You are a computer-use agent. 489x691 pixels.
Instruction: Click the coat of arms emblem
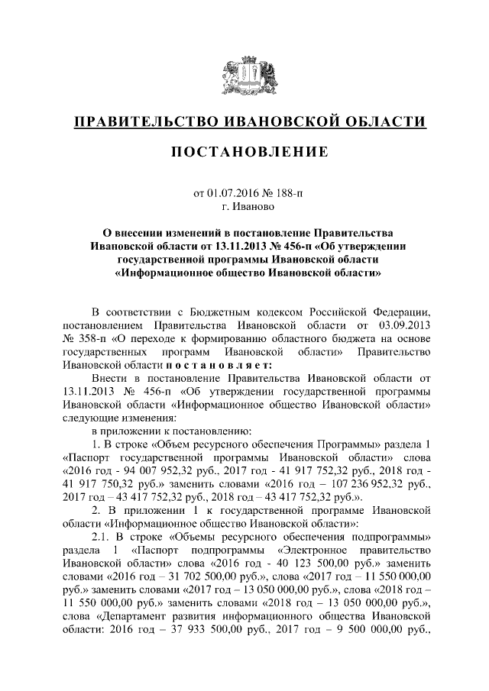(x=244, y=77)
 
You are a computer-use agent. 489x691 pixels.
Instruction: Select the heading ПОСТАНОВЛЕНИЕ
(x=244, y=153)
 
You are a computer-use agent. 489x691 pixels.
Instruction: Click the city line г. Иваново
(x=244, y=206)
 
